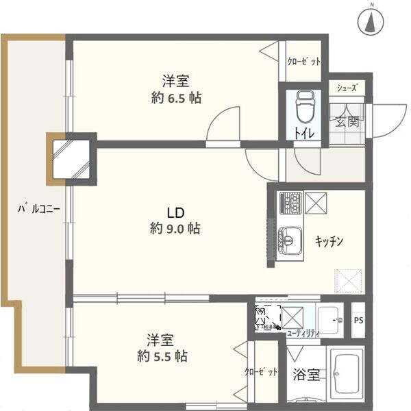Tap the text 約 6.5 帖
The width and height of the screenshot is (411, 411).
[176, 97]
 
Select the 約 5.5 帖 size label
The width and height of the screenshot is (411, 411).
[162, 356]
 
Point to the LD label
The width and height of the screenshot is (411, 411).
[175, 212]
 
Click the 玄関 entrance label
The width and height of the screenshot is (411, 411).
[347, 123]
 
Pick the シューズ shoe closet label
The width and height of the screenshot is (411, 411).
[346, 88]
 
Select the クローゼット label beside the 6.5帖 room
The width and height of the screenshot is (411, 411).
[303, 62]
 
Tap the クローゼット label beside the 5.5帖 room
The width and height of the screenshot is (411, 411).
[261, 373]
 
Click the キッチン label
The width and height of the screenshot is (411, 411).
[329, 241]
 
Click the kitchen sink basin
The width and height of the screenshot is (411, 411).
[290, 240]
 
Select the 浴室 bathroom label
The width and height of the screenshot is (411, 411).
[306, 375]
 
